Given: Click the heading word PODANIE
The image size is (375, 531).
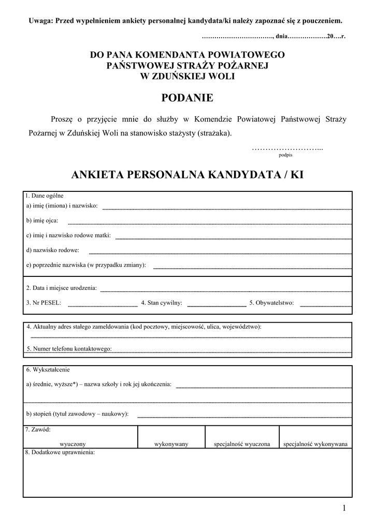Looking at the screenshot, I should (x=187, y=98).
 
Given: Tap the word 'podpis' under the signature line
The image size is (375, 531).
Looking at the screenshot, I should (x=285, y=155).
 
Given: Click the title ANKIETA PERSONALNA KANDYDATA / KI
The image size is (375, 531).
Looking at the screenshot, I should (x=187, y=175).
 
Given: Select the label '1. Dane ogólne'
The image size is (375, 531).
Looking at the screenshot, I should (x=45, y=196).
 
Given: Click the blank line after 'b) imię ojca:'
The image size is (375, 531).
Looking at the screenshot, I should (x=210, y=223).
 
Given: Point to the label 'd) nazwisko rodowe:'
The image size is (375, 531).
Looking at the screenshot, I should (x=53, y=250).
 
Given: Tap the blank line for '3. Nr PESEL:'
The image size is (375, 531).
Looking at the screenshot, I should (x=103, y=306).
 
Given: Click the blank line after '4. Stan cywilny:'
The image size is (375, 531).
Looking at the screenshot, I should (x=217, y=306).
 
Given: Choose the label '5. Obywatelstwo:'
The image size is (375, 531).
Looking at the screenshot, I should (x=271, y=303).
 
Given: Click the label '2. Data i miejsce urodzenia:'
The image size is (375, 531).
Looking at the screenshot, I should (x=62, y=288).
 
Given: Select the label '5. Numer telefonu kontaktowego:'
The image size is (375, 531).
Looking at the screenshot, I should (x=69, y=349).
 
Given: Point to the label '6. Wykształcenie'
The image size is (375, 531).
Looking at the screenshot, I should (x=48, y=370).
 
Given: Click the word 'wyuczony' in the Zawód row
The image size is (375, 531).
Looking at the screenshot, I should (x=73, y=444).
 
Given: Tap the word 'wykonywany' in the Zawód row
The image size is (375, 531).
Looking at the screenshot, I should (x=171, y=444).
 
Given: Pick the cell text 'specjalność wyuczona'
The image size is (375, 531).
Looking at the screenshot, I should (x=242, y=444).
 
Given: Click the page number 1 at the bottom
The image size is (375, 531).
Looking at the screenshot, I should (x=344, y=508).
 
